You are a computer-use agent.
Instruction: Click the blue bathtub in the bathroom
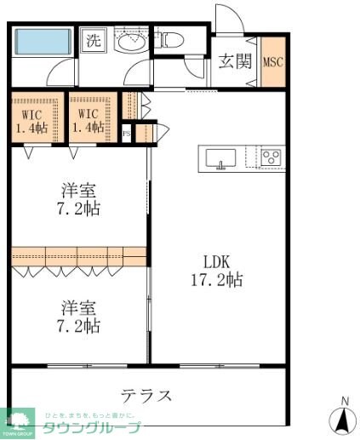pyautogui.click(x=43, y=40)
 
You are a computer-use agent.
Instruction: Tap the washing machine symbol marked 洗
pyautogui.click(x=92, y=40)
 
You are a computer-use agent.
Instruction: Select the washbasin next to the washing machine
pyautogui.click(x=131, y=42)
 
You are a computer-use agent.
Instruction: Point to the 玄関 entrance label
pyautogui.click(x=234, y=61)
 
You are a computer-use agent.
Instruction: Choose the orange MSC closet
pyautogui.click(x=273, y=63)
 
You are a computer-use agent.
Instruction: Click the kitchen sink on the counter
pyautogui.click(x=221, y=158)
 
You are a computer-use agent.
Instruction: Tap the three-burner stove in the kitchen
pyautogui.click(x=271, y=157)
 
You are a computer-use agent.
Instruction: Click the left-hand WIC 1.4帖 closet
pyautogui.click(x=32, y=120)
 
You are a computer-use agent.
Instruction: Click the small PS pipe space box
pyautogui.click(x=127, y=134)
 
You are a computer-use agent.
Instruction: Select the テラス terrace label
pyautogui.click(x=146, y=396)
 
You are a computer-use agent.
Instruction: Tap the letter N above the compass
pyautogui.click(x=344, y=401)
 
